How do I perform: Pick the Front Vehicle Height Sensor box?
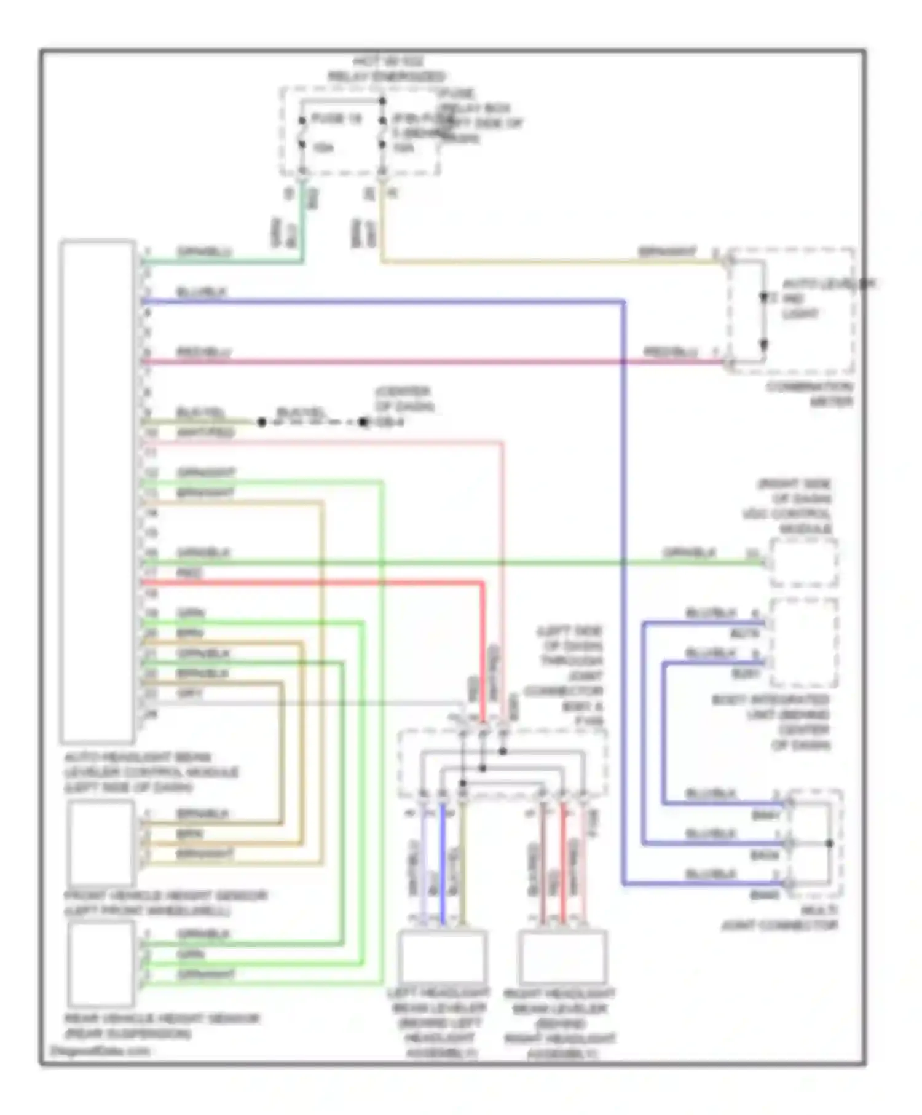coord(101,843)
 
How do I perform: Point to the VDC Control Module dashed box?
coord(803,562)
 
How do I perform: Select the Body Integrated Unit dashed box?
coord(803,642)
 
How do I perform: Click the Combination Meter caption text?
coord(810,394)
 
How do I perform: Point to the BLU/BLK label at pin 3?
coord(202,292)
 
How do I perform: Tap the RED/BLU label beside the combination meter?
coord(670,352)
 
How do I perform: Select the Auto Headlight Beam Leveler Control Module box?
coord(98,491)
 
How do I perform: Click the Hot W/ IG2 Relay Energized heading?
coord(387,69)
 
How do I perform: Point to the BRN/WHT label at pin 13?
coord(206,493)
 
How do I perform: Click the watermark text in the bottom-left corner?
coord(99,1050)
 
